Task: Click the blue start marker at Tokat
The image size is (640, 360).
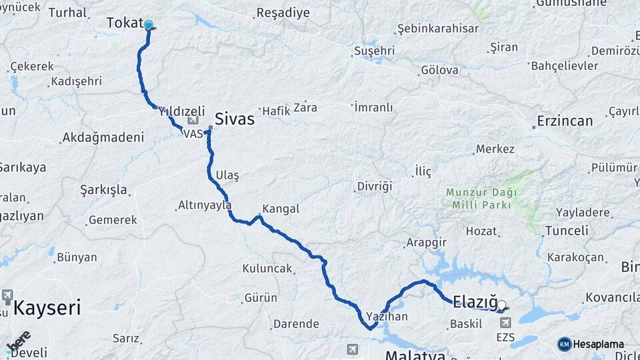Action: click(148, 26)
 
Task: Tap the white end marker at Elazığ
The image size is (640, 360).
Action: click(501, 305)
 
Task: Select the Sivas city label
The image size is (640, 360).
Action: click(234, 119)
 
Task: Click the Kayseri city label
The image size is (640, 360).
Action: click(47, 308)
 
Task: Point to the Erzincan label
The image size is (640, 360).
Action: click(563, 121)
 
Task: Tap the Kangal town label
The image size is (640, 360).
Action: click(281, 209)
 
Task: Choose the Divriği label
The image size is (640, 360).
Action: click(374, 186)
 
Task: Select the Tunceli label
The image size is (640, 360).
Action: click(567, 231)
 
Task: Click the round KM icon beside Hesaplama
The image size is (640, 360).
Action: click(565, 344)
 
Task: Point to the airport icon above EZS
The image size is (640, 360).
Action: click(505, 323)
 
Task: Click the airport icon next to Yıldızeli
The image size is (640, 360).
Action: click(193, 121)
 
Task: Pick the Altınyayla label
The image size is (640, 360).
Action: click(205, 205)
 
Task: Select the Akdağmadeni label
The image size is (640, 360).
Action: click(103, 138)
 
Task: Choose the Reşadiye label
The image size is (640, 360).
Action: click(283, 13)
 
